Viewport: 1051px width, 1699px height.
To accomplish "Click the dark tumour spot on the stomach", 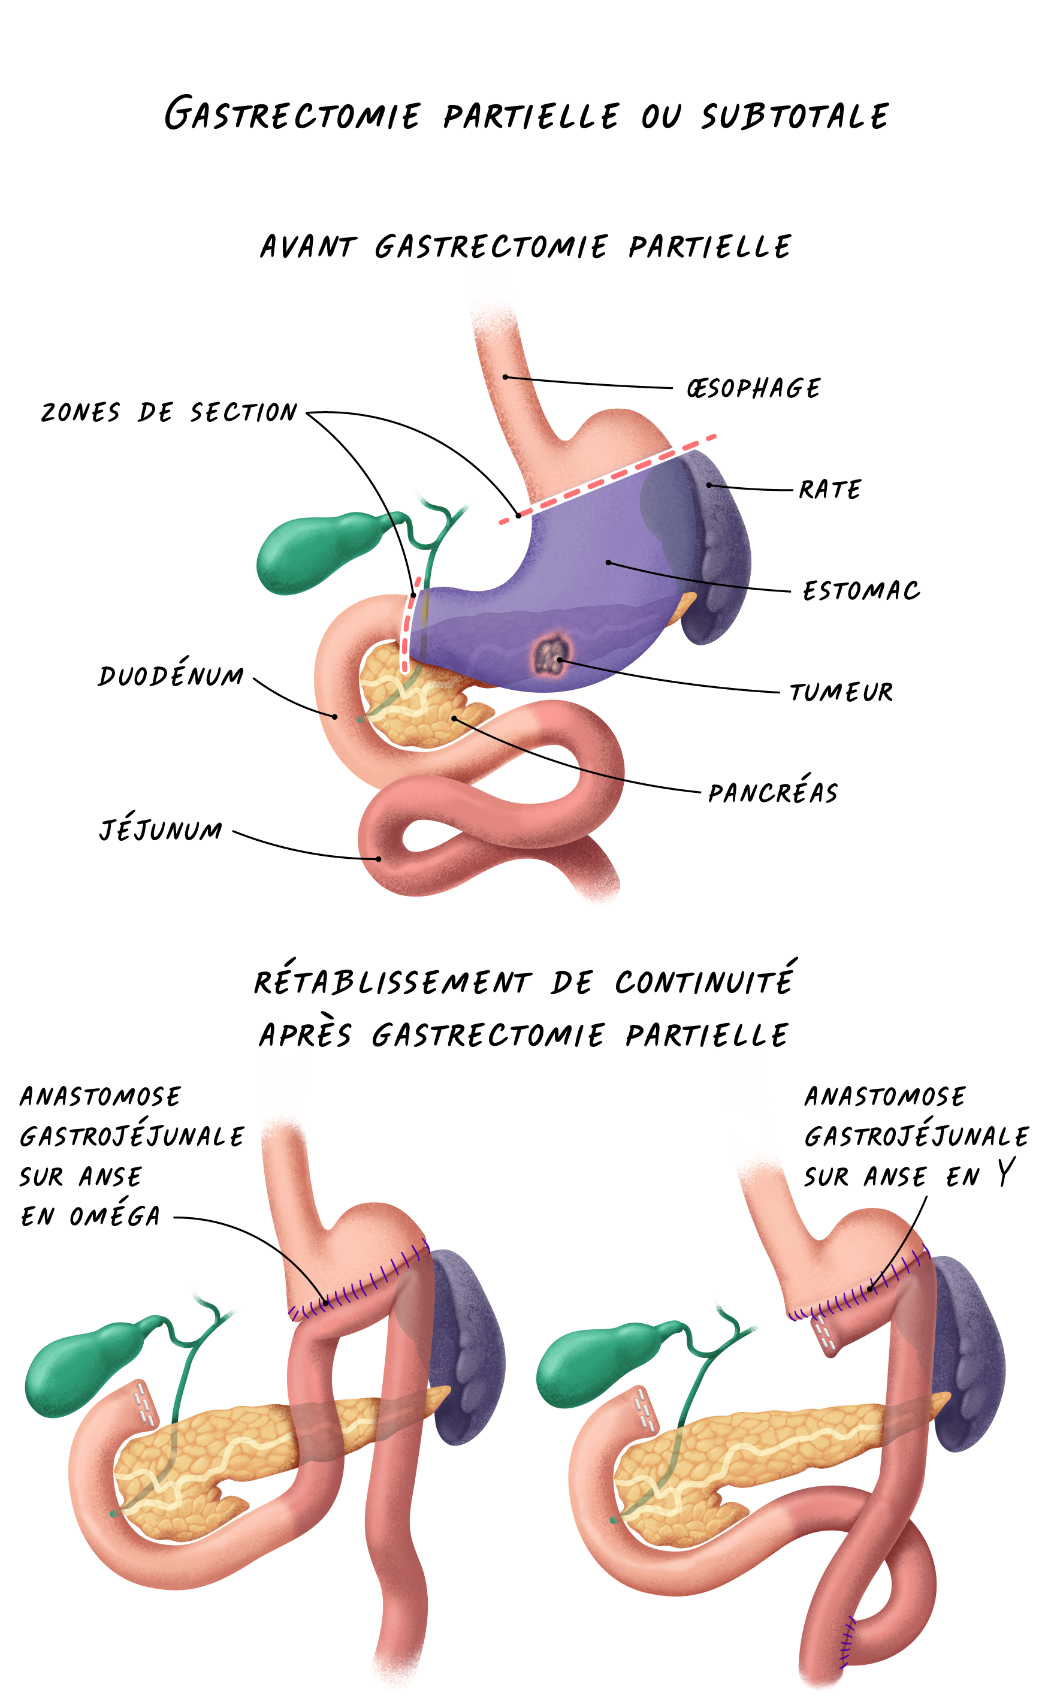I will (549, 656).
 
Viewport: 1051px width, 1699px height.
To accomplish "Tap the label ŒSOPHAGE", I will (753, 388).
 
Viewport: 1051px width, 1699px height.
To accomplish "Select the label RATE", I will (829, 490).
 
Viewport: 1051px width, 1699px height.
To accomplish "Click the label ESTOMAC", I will (860, 591).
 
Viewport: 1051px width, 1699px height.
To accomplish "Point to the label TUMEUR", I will (841, 692).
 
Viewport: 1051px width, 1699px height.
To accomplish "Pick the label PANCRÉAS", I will (772, 792).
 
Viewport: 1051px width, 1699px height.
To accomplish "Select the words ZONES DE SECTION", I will (169, 412).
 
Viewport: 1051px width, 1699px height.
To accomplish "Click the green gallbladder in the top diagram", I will (306, 553).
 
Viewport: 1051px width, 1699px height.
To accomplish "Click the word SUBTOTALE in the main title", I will (794, 116).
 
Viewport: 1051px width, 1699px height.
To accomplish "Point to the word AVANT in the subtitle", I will (307, 247).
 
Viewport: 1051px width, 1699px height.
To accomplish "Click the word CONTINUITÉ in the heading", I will (703, 982).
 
